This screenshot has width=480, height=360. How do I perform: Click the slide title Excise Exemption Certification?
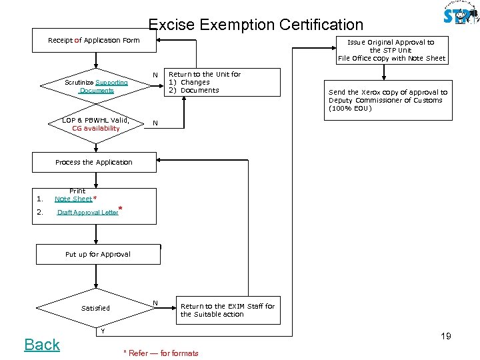click(255, 25)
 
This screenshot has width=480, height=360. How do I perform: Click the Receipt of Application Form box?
click(94, 41)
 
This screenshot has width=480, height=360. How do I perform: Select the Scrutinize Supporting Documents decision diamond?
click(97, 87)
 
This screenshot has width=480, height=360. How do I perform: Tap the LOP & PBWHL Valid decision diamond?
click(96, 124)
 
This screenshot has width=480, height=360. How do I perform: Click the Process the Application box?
click(94, 162)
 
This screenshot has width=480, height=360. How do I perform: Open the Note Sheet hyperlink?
click(73, 199)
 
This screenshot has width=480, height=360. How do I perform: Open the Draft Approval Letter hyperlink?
click(87, 213)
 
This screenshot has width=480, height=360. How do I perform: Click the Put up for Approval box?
click(98, 254)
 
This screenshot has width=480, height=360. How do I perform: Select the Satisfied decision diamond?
click(96, 308)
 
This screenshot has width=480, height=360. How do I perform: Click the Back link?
click(42, 345)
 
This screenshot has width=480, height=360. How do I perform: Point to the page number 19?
click(445, 336)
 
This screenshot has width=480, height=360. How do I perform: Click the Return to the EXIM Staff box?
click(227, 310)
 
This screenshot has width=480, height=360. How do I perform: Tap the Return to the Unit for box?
click(204, 83)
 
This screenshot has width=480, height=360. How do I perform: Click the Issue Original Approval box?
click(391, 50)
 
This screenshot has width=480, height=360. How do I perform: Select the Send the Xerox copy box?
click(387, 100)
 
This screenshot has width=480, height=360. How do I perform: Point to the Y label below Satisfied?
click(102, 331)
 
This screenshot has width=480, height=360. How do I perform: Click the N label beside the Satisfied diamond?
click(155, 303)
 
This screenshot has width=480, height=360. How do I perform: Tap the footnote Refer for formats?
click(161, 353)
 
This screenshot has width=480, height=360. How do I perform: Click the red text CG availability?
click(96, 128)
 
